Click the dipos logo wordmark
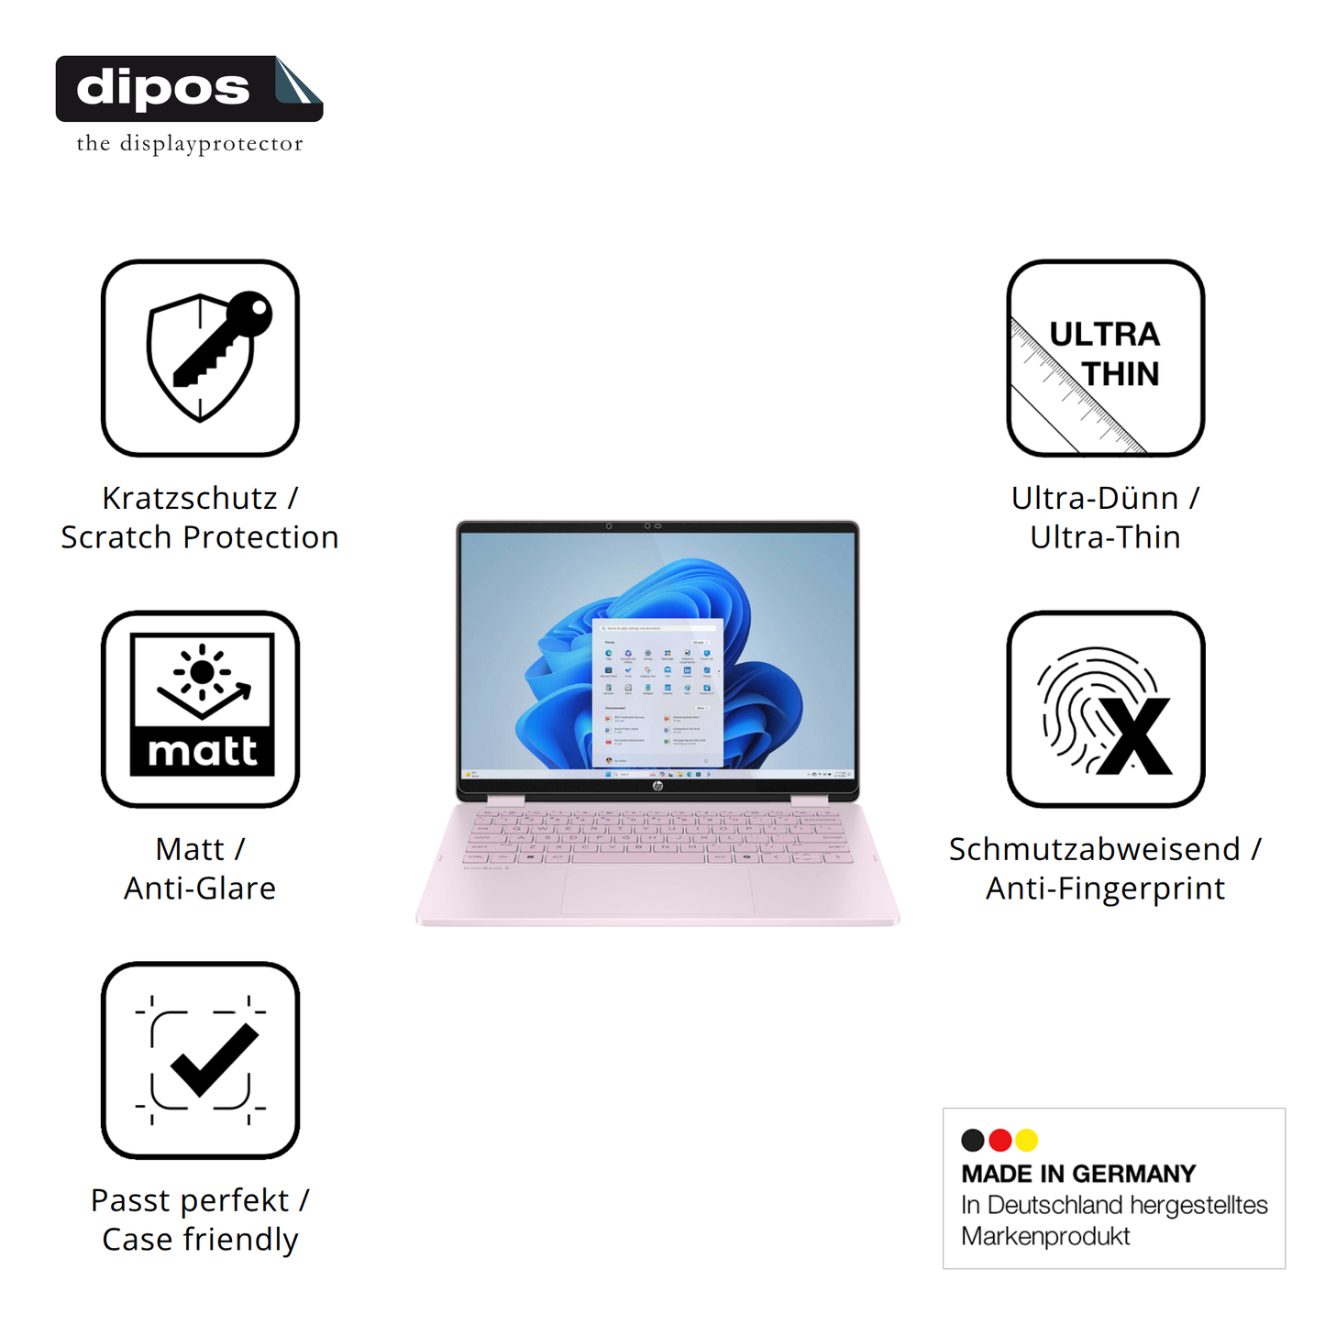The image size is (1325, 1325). click(x=163, y=88)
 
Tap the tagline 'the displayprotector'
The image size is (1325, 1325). click(x=189, y=144)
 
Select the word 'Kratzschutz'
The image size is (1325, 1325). click(x=190, y=498)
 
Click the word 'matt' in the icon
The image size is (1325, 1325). click(x=202, y=751)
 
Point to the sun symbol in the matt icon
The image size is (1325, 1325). click(x=202, y=672)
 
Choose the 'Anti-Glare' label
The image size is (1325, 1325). click(x=200, y=888)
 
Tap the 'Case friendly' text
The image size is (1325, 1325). click(x=200, y=1239)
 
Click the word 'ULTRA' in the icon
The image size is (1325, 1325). click(x=1104, y=335)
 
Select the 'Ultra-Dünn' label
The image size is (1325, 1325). click(x=1095, y=498)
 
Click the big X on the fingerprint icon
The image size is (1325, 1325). click(x=1135, y=736)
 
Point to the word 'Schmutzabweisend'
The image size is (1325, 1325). click(x=1094, y=849)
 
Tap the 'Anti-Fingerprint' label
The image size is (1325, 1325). click(x=1105, y=888)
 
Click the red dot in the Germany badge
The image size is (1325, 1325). click(x=1000, y=1140)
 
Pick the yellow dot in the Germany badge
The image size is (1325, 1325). click(x=1027, y=1140)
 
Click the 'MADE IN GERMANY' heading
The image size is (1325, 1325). click(x=1078, y=1174)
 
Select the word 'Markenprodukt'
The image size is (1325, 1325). click(x=1045, y=1236)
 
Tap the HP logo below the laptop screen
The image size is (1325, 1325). click(x=657, y=787)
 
